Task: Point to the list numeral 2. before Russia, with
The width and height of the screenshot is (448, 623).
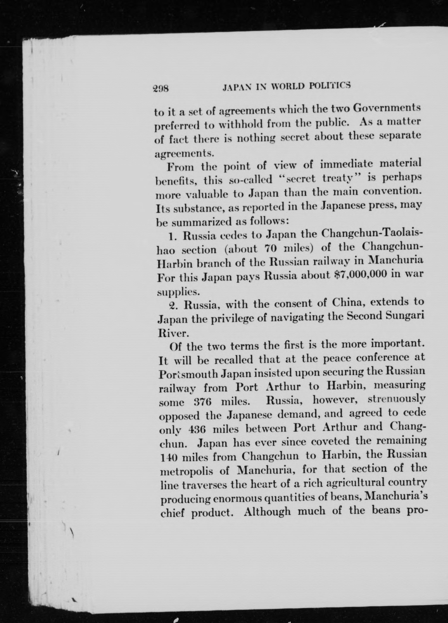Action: pyautogui.click(x=173, y=305)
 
